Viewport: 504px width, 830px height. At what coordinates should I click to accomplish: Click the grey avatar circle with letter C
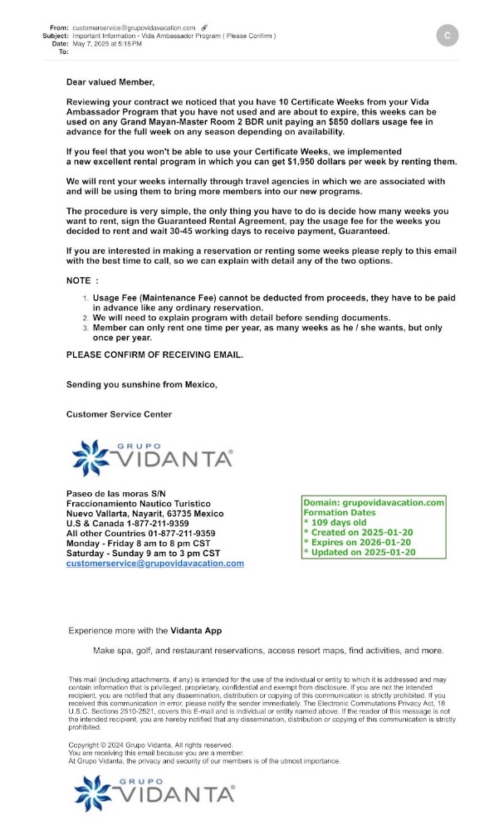click(x=448, y=36)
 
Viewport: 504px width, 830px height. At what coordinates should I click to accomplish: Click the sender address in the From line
click(x=135, y=28)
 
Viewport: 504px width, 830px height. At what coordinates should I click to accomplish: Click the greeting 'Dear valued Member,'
click(x=110, y=82)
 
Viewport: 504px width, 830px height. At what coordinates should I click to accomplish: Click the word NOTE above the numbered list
click(x=82, y=281)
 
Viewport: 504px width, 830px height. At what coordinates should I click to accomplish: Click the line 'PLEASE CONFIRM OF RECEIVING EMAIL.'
click(x=155, y=354)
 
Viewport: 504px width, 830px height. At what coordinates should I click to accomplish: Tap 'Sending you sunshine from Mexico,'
click(x=141, y=384)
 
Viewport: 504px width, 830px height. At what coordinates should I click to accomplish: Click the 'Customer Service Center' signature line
click(x=119, y=414)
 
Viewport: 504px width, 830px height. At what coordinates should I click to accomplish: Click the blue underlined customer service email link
click(x=154, y=563)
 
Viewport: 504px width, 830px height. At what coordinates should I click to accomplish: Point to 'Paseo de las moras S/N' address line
click(x=115, y=493)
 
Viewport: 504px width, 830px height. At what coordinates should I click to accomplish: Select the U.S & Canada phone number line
click(x=127, y=523)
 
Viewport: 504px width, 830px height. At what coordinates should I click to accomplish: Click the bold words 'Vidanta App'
click(x=196, y=631)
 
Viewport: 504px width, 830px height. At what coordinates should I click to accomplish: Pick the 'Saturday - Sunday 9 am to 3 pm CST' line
click(x=143, y=553)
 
